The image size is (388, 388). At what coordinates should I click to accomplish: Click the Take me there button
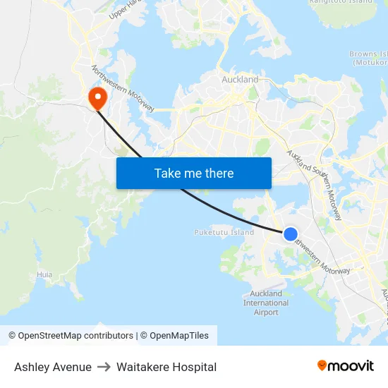click(x=194, y=173)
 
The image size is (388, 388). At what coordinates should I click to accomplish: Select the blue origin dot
click(x=290, y=234)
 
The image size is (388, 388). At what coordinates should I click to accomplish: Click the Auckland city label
click(x=240, y=80)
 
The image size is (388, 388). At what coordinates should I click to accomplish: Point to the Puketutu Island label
click(x=224, y=232)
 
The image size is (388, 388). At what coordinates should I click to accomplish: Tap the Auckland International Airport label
click(x=266, y=303)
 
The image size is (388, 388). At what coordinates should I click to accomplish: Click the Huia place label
click(x=44, y=274)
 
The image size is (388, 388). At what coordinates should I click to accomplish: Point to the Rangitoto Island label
click(x=341, y=2)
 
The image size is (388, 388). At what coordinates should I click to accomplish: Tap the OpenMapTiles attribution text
click(x=178, y=336)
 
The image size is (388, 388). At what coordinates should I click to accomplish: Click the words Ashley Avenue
click(x=53, y=367)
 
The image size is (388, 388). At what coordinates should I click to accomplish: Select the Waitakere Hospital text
click(x=166, y=367)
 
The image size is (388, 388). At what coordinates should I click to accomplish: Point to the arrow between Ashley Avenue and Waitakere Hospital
click(x=104, y=367)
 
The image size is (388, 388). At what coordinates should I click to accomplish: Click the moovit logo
click(x=346, y=365)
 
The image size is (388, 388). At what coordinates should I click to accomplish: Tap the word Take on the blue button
click(x=167, y=173)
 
